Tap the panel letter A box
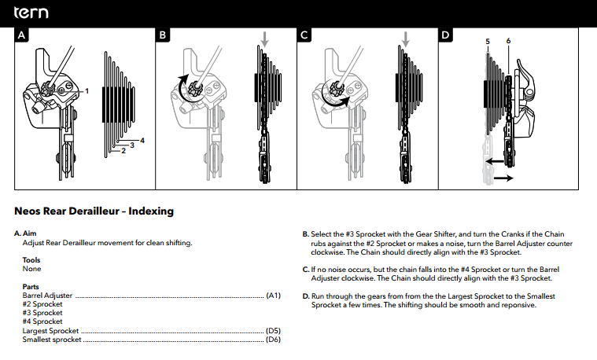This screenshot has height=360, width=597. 22,35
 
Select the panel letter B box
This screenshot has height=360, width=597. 163,35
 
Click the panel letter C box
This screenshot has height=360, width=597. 304,35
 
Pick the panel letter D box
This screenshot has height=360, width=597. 445,35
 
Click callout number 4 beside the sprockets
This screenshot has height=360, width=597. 142,140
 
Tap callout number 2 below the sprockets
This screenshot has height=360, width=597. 124,151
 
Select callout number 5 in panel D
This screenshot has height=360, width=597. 488,40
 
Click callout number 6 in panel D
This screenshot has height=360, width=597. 509,40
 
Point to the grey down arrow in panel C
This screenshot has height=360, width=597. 406,39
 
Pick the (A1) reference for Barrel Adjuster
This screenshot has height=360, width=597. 274,296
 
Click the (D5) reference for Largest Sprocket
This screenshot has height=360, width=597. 274,330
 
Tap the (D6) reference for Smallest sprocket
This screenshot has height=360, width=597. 274,339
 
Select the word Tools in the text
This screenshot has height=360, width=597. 32,260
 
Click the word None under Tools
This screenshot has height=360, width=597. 31,269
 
